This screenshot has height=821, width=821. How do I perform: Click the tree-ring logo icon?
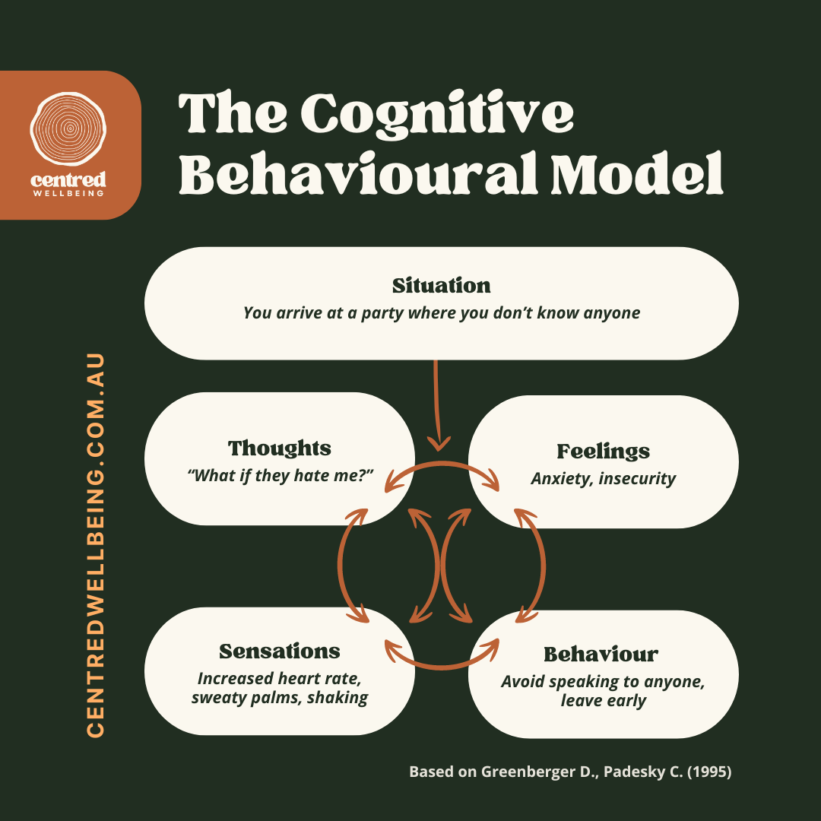pyautogui.click(x=69, y=128)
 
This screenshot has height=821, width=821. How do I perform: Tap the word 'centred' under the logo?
pyautogui.click(x=69, y=179)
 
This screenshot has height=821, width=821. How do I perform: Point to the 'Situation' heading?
pyautogui.click(x=441, y=286)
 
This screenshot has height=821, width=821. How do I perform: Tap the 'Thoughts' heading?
pyautogui.click(x=280, y=448)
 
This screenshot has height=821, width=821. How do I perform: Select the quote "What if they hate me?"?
pyautogui.click(x=280, y=476)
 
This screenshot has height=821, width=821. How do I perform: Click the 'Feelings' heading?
pyautogui.click(x=603, y=452)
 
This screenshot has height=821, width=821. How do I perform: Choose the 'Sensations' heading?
pyautogui.click(x=280, y=651)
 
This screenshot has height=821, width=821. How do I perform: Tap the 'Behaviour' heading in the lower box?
pyautogui.click(x=601, y=655)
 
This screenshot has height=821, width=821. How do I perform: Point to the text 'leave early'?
pyautogui.click(x=603, y=701)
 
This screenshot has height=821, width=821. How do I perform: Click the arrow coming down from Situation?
pyautogui.click(x=437, y=403)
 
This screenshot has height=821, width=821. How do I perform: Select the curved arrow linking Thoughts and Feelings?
pyautogui.click(x=442, y=466)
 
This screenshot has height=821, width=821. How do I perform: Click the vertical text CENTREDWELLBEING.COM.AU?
pyautogui.click(x=96, y=544)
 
